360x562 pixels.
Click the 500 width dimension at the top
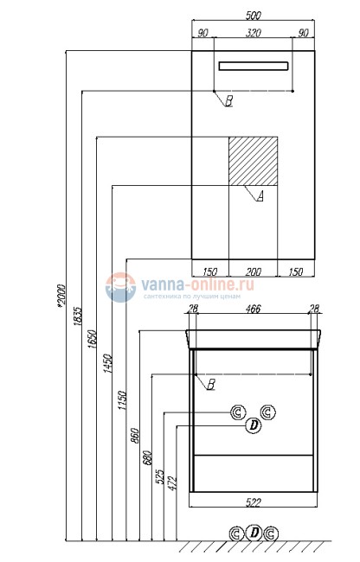[x=254, y=15]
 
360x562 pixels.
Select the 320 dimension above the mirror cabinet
[x=254, y=35]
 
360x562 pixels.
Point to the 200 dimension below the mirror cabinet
[x=254, y=271]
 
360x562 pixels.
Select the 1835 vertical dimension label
[x=78, y=316]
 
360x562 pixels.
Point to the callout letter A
[x=259, y=196]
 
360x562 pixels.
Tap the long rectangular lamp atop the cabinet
[x=254, y=67]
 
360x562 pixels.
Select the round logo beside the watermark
[x=119, y=289]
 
